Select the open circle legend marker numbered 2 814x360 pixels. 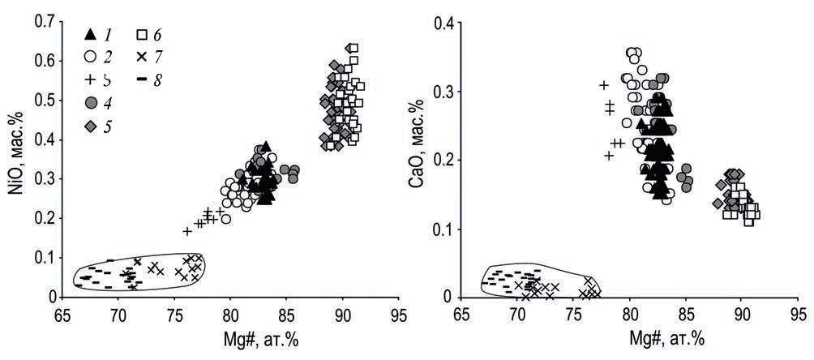coord(91,56)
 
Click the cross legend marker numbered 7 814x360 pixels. coord(141,56)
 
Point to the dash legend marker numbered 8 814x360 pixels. coord(141,79)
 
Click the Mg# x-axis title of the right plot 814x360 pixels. coord(631,338)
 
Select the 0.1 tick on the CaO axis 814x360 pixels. coord(442,229)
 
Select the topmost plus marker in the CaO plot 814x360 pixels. coord(604,85)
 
